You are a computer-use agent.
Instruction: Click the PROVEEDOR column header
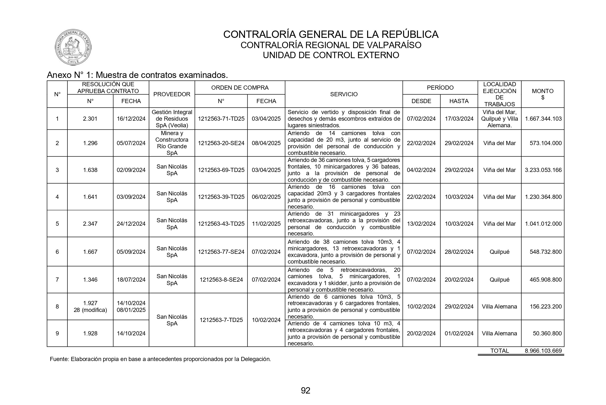pos(172,94)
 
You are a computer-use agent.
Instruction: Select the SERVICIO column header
pos(344,94)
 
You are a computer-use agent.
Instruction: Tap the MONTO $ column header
pos(542,94)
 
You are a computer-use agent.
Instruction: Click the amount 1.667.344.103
pos(543,119)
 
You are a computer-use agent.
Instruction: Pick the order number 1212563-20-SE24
pos(221,143)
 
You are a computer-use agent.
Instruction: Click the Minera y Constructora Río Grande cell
pos(172,143)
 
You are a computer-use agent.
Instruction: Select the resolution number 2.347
pos(90,224)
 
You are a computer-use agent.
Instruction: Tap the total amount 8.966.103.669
pos(543,351)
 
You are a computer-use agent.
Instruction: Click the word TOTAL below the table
pos(499,351)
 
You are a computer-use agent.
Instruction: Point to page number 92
pos(306,391)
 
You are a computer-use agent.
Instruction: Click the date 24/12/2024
pos(131,224)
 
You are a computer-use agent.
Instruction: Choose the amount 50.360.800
pos(547,333)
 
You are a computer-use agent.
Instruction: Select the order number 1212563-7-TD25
pos(221,320)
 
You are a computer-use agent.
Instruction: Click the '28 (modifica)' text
pos(90,310)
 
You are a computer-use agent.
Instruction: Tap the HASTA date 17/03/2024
pos(459,119)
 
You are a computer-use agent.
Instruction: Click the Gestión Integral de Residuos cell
pos(172,119)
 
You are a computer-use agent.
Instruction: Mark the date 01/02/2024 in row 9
pos(459,333)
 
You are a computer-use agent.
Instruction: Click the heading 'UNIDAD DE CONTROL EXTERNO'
pos(331,55)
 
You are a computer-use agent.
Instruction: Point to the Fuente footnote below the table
pos(160,359)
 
